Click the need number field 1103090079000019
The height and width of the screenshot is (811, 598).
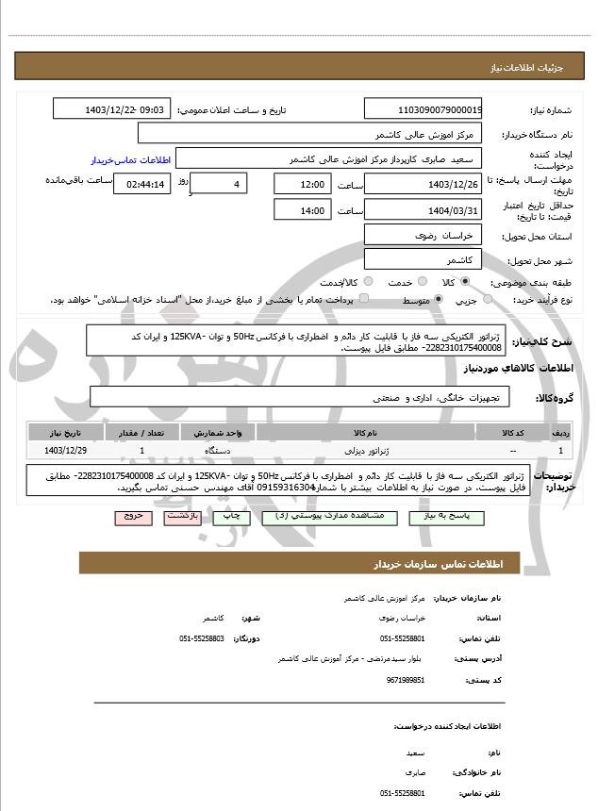pos(423,109)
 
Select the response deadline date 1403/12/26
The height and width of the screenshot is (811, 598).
pos(423,183)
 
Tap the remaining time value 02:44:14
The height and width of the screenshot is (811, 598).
pos(142,183)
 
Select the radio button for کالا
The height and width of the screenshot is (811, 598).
pos(465,282)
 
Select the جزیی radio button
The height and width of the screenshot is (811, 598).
pos(488,300)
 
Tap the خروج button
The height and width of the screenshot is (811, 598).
pos(132,518)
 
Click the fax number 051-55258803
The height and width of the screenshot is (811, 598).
pos(201,638)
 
